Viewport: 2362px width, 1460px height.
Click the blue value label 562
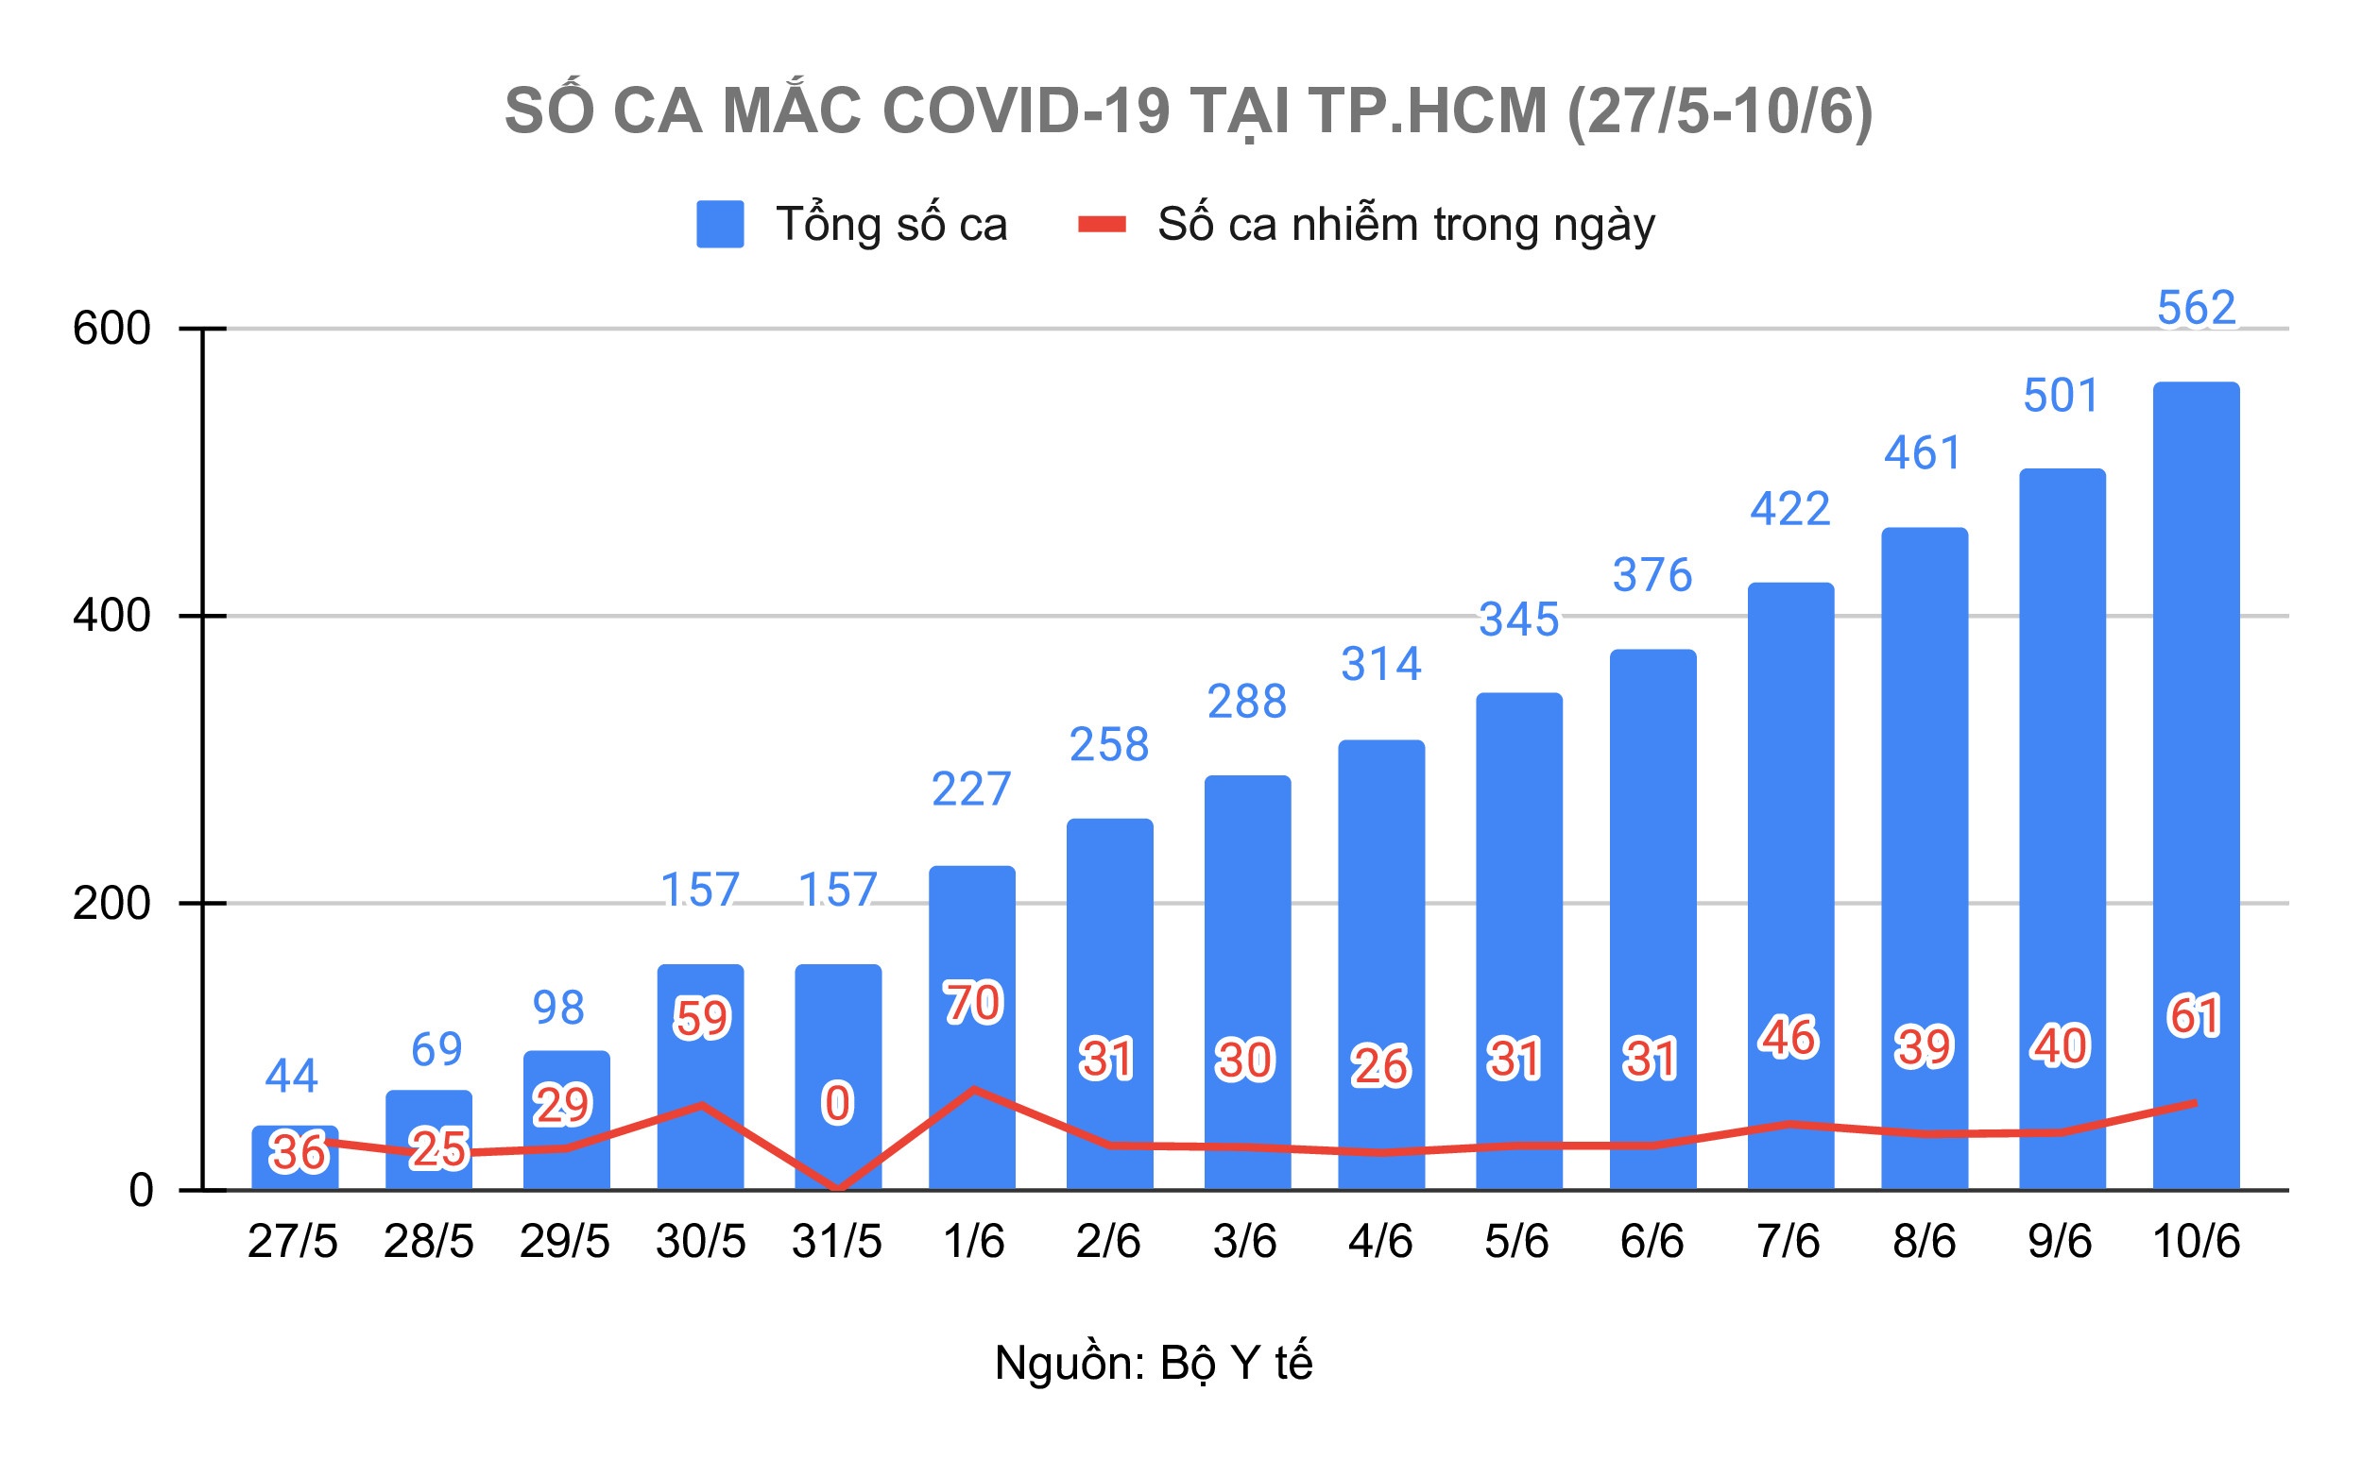[2196, 308]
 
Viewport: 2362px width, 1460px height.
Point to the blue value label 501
[2061, 396]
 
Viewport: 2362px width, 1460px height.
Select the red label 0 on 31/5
[836, 1104]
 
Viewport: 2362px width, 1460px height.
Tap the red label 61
[2194, 1017]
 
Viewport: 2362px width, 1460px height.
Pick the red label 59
[701, 1019]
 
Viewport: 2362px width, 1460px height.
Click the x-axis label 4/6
[1379, 1241]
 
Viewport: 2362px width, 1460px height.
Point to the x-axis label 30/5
[700, 1241]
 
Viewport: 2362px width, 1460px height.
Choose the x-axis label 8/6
[1924, 1241]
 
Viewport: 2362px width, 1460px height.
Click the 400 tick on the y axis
[112, 616]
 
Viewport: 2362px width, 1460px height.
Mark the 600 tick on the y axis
[112, 330]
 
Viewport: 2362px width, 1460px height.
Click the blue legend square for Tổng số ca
[720, 224]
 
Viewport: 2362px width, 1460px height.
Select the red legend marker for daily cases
[1102, 225]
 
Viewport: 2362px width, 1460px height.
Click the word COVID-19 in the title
[1026, 111]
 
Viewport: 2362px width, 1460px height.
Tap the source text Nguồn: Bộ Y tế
[1153, 1363]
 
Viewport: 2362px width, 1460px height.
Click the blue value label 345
[1518, 620]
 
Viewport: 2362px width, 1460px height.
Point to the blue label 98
[558, 1008]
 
